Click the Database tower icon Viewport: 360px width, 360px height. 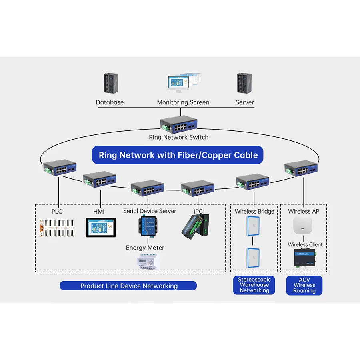click(111, 83)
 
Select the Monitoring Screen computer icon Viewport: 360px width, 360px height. click(184, 83)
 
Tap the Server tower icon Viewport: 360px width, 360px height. click(244, 83)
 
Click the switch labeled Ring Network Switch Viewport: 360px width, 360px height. click(179, 125)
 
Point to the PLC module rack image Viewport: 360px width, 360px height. click(57, 228)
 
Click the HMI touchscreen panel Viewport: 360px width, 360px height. click(101, 227)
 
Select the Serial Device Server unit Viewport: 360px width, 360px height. click(148, 226)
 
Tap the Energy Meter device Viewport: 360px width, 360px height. click(148, 261)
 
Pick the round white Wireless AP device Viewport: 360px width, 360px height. click(303, 225)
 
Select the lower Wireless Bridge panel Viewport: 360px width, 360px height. click(253, 258)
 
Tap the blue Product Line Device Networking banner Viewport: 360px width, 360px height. click(128, 286)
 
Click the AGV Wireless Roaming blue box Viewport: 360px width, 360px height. click(304, 285)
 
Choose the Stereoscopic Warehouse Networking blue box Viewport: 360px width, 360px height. click(254, 285)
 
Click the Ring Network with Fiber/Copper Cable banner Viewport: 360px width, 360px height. click(178, 155)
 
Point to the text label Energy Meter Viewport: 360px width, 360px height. click(145, 248)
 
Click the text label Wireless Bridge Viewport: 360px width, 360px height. click(254, 211)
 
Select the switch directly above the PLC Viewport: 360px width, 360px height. click(60, 167)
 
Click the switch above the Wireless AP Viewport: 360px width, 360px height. click(301, 168)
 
